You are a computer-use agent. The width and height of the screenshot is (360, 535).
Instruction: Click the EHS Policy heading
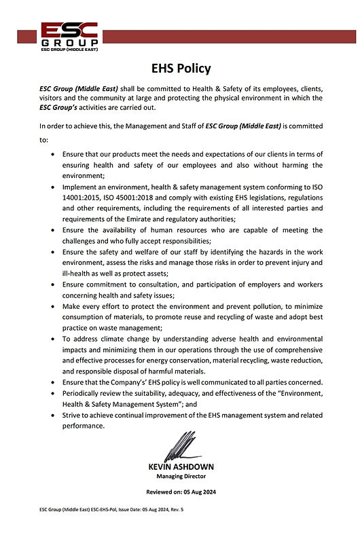click(181, 68)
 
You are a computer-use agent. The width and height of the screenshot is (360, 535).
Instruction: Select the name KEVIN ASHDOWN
click(181, 466)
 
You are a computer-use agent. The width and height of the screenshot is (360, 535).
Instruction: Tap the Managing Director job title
click(181, 477)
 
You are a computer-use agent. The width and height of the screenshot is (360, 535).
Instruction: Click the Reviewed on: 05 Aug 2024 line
click(181, 492)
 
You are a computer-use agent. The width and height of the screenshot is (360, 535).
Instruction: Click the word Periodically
click(84, 393)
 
